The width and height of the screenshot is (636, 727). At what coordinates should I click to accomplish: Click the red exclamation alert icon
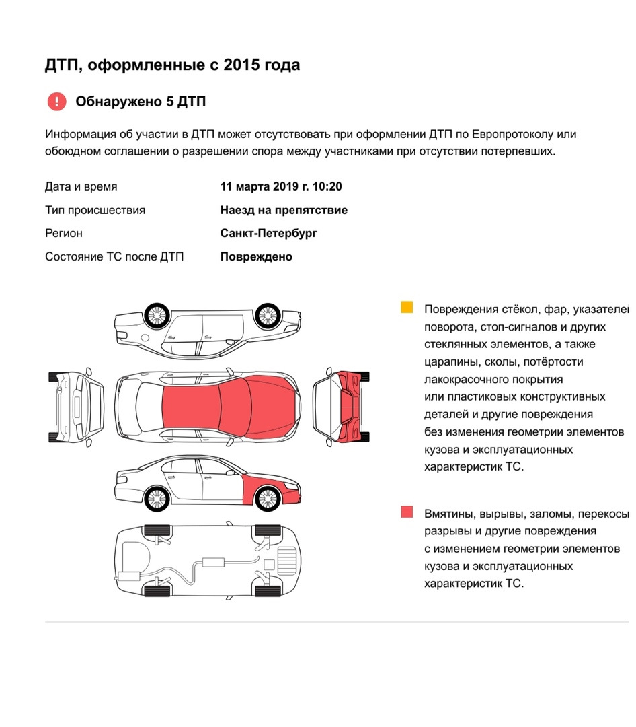pyautogui.click(x=57, y=102)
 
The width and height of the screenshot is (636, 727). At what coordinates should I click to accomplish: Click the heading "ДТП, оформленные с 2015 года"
pyautogui.click(x=172, y=65)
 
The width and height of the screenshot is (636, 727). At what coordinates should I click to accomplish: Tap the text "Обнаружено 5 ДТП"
pyautogui.click(x=141, y=102)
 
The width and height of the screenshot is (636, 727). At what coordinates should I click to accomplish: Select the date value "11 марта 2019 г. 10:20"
pyautogui.click(x=285, y=186)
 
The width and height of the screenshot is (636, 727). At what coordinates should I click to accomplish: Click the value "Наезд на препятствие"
pyautogui.click(x=284, y=210)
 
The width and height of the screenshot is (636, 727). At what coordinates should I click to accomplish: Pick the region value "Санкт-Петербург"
pyautogui.click(x=268, y=233)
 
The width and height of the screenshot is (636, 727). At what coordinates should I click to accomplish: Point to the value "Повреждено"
pyautogui.click(x=256, y=256)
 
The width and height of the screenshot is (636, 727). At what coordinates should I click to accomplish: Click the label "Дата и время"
pyautogui.click(x=81, y=186)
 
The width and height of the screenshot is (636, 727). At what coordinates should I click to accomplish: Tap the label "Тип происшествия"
pyautogui.click(x=95, y=210)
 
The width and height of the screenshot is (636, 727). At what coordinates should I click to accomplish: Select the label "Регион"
pyautogui.click(x=64, y=233)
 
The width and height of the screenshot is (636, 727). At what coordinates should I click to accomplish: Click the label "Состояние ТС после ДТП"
pyautogui.click(x=114, y=256)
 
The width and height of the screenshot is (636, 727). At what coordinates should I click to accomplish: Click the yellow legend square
pyautogui.click(x=407, y=308)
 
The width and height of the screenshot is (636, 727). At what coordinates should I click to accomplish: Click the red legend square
pyautogui.click(x=407, y=512)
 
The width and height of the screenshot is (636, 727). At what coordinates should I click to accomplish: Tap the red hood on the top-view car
pyautogui.click(x=269, y=407)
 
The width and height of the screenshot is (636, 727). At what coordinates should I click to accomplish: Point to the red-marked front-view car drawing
pyautogui.click(x=342, y=407)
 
